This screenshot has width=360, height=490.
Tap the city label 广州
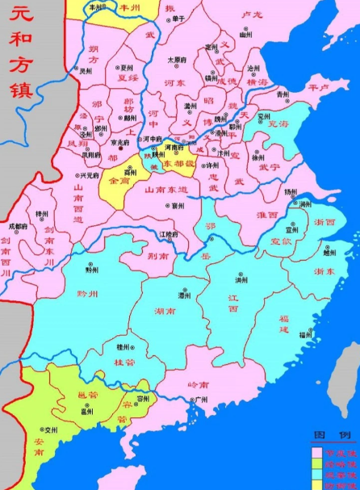[x=202, y=399]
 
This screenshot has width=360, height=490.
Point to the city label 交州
[x=52, y=431]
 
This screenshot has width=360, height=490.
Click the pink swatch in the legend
[x=317, y=454]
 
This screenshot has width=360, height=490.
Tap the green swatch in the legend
[x=317, y=464]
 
